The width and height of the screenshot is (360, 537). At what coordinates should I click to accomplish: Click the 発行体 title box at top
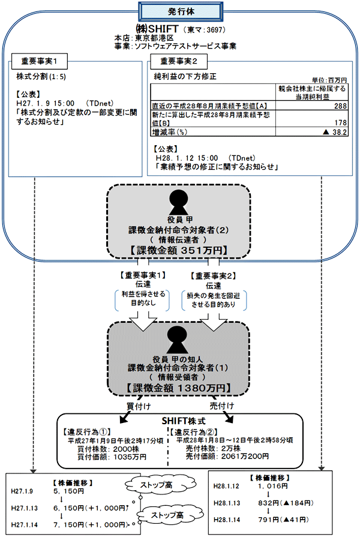click(180, 10)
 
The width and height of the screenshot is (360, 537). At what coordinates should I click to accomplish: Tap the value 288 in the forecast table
click(340, 106)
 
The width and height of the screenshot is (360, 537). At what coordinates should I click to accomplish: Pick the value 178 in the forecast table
click(340, 122)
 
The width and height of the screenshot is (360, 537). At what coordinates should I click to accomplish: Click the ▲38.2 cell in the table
click(336, 131)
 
